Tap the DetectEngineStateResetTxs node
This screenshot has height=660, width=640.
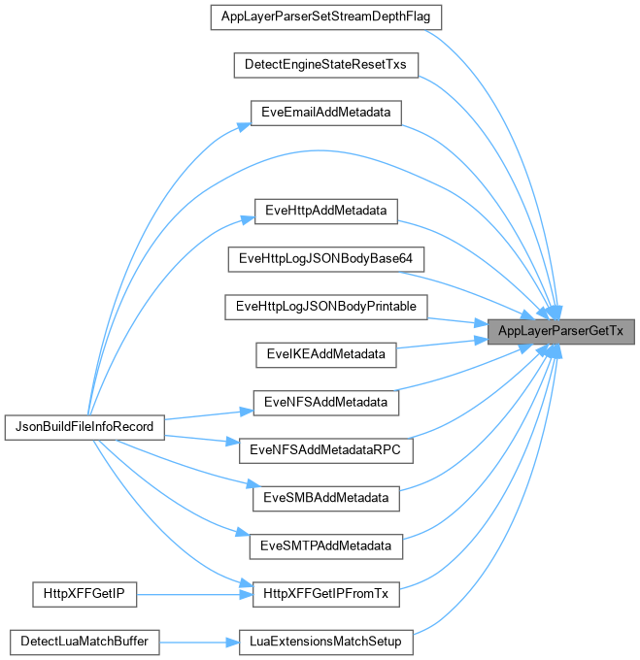pos(325,65)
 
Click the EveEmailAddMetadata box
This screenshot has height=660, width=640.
pos(325,113)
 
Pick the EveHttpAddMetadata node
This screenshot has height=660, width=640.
pos(325,211)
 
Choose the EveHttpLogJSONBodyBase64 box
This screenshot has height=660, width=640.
pos(325,258)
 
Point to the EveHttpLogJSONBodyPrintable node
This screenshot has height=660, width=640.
pos(325,306)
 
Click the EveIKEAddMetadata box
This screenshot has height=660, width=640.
pos(325,353)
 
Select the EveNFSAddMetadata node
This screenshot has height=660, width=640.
pos(325,402)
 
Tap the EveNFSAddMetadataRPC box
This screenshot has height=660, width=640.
pos(325,450)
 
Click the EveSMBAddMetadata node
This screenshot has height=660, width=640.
pos(325,498)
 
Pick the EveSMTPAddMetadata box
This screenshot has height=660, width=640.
pos(325,545)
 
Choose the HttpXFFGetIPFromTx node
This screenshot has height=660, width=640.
pos(325,593)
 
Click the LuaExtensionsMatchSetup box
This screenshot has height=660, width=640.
pos(325,642)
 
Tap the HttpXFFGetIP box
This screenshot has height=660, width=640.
pos(84,593)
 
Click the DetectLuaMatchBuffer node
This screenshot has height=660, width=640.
pos(84,642)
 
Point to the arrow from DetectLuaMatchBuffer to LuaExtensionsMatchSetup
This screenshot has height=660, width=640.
pos(199,642)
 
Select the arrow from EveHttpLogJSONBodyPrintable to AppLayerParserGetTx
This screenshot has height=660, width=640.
pos(456,319)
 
